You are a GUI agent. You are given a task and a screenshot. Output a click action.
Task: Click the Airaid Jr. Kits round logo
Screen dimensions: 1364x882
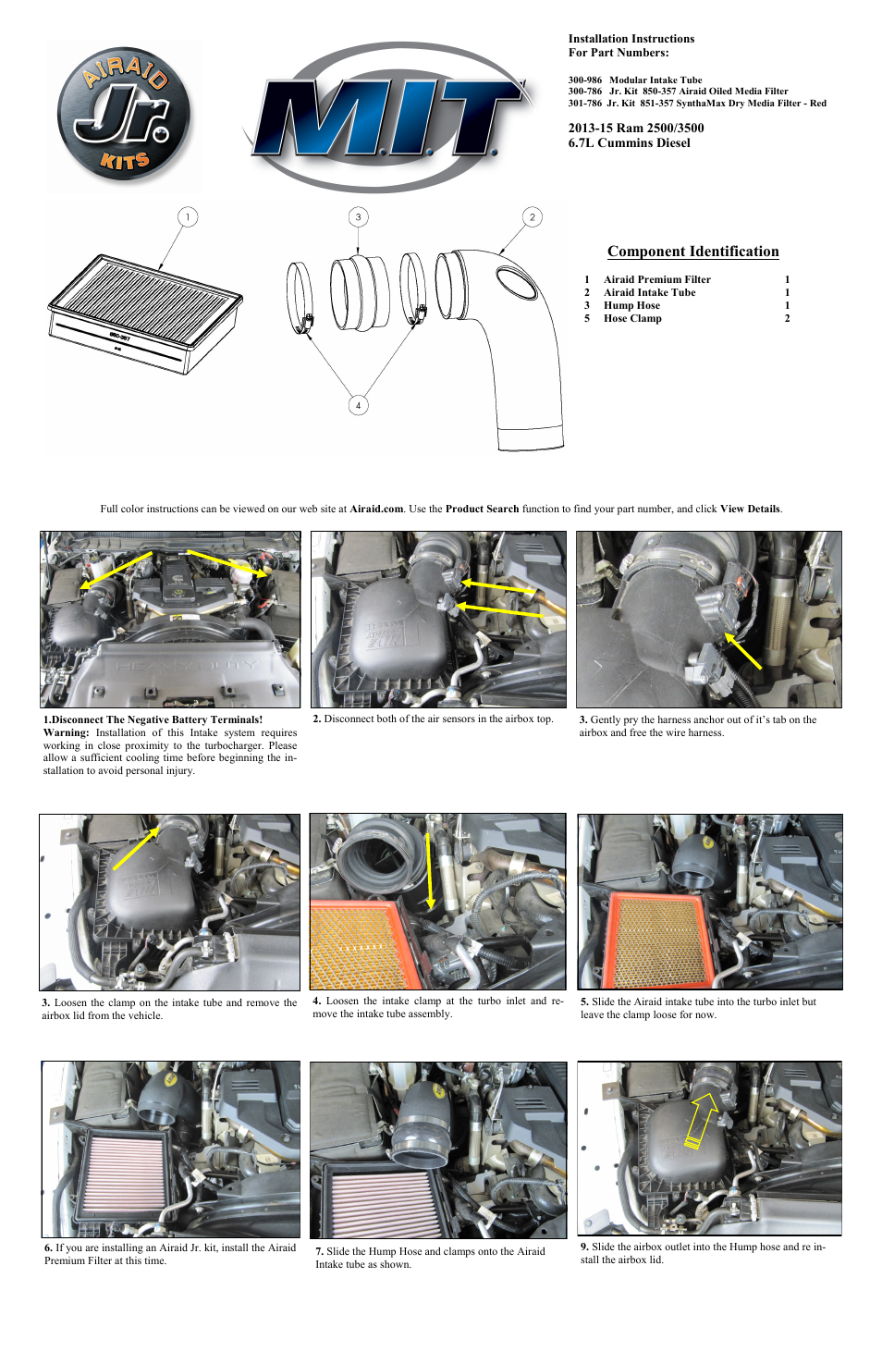[x=124, y=115]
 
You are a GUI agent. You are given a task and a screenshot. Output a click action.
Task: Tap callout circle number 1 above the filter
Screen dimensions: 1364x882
[x=188, y=217]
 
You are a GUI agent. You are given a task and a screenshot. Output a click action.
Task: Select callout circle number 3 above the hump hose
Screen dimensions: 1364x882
[x=359, y=217]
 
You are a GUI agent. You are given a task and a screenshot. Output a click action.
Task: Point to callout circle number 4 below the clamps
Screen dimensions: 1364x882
[x=359, y=405]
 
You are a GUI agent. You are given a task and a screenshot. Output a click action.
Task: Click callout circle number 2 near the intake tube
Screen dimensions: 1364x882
[x=532, y=217]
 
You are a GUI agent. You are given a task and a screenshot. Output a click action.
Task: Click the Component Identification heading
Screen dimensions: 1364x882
[x=692, y=252]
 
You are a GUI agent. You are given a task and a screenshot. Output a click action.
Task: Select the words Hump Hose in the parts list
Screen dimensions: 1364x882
[x=631, y=305]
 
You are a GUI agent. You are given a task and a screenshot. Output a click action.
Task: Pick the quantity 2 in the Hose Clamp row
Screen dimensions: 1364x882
[x=787, y=318]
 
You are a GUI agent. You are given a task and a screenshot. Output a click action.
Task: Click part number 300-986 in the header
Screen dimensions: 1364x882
[x=584, y=80]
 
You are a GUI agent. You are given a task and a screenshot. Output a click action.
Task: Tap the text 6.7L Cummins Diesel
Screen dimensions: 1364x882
[x=629, y=143]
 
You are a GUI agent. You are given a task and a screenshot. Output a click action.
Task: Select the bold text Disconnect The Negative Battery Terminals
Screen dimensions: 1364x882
[x=157, y=719]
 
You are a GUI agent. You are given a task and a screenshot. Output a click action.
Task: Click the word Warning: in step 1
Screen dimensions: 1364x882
[x=66, y=732]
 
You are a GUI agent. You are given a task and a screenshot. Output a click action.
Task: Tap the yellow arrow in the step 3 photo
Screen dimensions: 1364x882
[x=743, y=651]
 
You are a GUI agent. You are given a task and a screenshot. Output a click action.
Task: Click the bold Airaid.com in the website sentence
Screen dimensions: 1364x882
[x=376, y=509]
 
